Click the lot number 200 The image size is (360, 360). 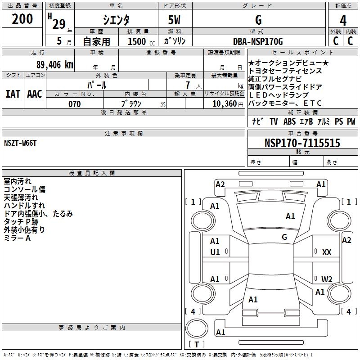click(x=22, y=19)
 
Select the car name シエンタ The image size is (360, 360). click(x=116, y=20)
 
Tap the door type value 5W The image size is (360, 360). click(x=175, y=20)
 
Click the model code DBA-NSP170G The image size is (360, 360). click(x=258, y=41)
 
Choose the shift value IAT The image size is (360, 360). click(x=13, y=94)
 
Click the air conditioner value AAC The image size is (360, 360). click(x=34, y=94)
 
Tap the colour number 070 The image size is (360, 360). click(x=75, y=104)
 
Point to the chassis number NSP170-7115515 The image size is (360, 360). click(x=302, y=143)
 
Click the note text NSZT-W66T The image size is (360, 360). click(x=20, y=143)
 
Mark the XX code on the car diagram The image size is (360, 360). click(x=327, y=252)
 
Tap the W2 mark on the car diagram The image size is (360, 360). click(x=327, y=279)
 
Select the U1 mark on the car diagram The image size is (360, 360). click(x=215, y=252)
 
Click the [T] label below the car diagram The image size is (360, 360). click(x=196, y=344)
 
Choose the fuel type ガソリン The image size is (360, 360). click(x=175, y=41)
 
